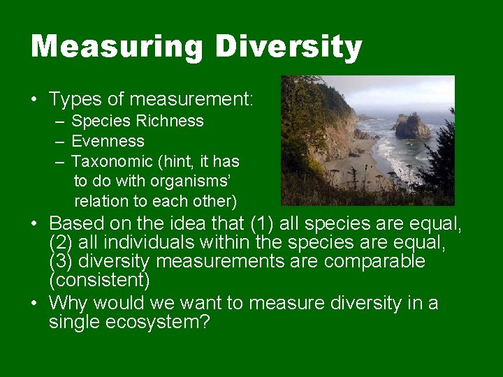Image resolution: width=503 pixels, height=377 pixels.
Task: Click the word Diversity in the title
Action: (288, 47)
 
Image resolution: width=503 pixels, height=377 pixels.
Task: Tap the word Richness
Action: (169, 121)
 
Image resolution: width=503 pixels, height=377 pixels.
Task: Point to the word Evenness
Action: (108, 141)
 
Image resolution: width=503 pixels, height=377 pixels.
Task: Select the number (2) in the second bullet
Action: (61, 243)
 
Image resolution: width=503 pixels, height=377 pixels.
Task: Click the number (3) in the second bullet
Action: (61, 262)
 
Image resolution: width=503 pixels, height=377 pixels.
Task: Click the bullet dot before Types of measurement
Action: (34, 100)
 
